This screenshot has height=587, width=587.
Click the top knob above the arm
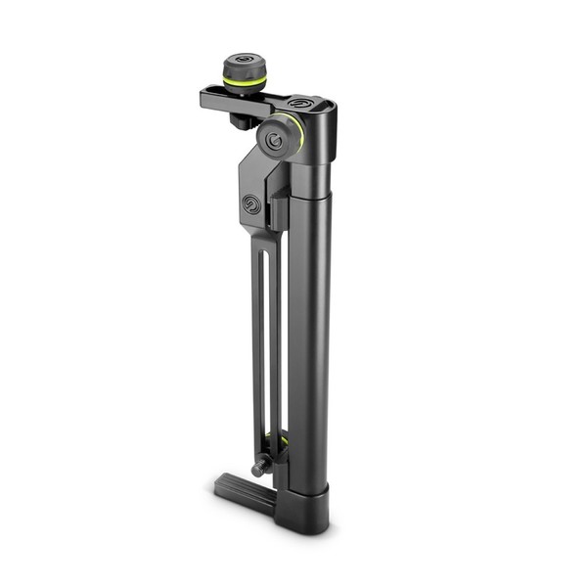click(244, 70)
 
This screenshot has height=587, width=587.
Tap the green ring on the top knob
click(244, 82)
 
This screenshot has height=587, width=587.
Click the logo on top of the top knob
click(245, 61)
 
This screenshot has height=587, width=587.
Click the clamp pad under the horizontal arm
click(241, 121)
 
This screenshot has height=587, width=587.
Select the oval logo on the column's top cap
click(298, 103)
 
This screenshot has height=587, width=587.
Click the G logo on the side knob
click(276, 141)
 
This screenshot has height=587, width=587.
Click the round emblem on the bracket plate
click(252, 204)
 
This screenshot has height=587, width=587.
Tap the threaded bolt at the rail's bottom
click(259, 469)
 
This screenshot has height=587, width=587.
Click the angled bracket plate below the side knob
click(256, 191)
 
